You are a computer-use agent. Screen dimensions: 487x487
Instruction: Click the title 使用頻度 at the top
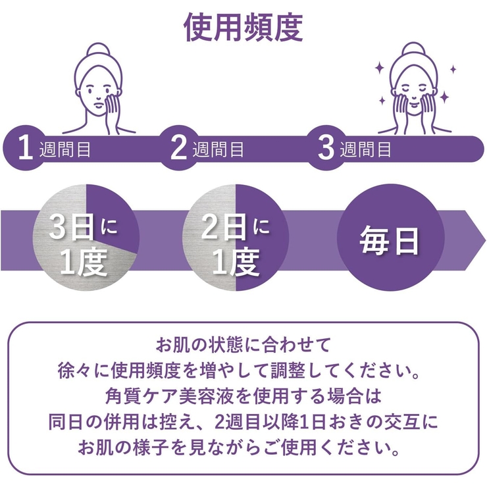point(244,28)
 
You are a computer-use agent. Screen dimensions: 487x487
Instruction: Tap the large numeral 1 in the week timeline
point(26,148)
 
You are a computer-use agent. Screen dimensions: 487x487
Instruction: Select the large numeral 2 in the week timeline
point(178,148)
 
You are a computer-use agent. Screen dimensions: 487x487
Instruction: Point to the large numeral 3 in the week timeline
point(326,148)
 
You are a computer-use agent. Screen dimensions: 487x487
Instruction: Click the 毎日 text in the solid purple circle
point(390,241)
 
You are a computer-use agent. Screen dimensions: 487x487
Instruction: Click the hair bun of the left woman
point(98,51)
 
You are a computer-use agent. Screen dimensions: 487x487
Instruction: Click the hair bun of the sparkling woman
point(414,50)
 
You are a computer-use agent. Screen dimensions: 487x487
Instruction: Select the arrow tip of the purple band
point(484,240)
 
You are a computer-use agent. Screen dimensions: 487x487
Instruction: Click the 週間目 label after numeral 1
point(65,149)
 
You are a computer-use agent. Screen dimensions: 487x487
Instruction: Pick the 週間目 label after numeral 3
point(365,149)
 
